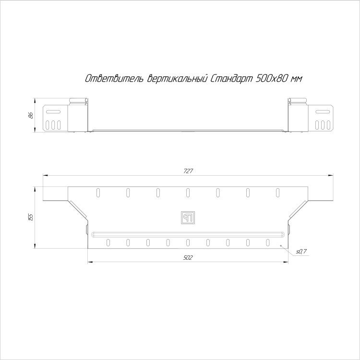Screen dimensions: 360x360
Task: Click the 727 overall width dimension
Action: [x=188, y=171]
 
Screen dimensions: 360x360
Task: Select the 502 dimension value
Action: [x=188, y=258]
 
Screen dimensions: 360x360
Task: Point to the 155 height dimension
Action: [x=31, y=217]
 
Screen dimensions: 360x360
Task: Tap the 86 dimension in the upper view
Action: [x=31, y=115]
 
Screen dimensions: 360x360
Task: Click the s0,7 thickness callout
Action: [x=301, y=252]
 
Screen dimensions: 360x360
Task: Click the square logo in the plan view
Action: [x=188, y=217]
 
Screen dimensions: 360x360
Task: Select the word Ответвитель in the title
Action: [x=114, y=79]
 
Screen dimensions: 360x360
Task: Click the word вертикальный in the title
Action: [x=177, y=79]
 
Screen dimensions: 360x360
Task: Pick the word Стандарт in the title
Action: [x=231, y=79]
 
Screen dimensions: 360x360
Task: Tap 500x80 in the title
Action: [x=272, y=79]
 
